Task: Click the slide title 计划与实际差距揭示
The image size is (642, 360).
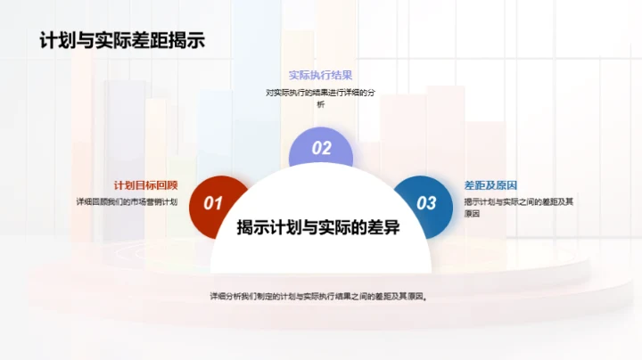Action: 120,41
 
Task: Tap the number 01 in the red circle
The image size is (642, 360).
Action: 213,204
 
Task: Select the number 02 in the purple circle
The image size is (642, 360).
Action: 321,149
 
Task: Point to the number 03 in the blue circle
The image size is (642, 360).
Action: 427,203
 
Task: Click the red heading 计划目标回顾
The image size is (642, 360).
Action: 145,185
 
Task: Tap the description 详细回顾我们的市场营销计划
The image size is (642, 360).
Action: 127,201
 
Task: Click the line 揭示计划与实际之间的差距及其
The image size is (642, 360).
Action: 518,201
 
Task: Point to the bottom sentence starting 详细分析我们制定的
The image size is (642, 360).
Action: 319,297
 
